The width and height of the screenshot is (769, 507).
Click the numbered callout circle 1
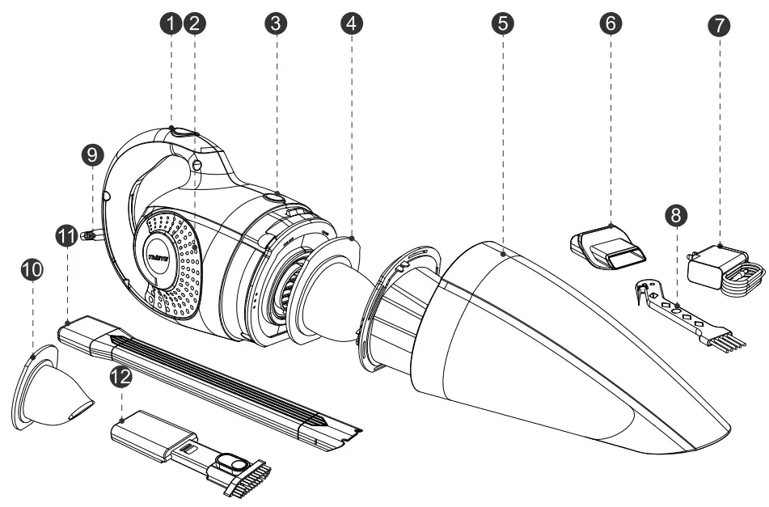coord(171,24)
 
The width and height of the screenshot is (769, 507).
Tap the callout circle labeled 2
coord(193,24)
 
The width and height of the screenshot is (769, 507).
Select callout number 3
coord(277,24)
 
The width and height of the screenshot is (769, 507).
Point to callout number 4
coord(350,24)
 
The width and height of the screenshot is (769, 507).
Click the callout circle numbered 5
coord(504,24)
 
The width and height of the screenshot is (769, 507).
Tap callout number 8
coord(678,215)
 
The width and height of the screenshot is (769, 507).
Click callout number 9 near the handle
coord(93,154)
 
